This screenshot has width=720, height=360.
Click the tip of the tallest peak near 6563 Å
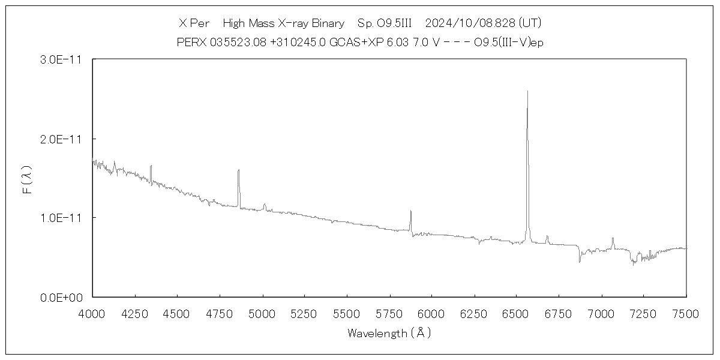coord(527,91)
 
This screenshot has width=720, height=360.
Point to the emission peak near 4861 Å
coord(239,170)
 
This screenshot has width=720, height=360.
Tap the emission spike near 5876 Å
coord(410,211)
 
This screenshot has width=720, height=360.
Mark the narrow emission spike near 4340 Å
coord(151,166)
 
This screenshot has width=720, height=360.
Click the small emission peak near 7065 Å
coord(613,238)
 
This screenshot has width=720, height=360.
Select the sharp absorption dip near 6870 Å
coord(580,262)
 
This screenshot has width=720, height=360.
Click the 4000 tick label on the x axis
coord(92,313)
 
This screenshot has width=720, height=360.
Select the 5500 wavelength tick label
coord(347,313)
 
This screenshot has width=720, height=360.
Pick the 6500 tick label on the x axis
coord(517,313)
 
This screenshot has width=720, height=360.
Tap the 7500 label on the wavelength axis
coord(686,313)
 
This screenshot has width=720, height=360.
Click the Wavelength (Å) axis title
coord(389,333)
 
